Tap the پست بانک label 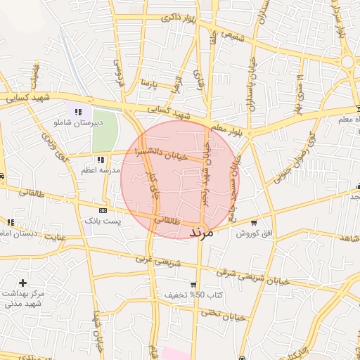pyautogui.click(x=103, y=221)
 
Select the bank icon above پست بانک pyautogui.click(x=103, y=210)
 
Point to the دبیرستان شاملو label pyautogui.click(x=79, y=122)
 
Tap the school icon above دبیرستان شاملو pyautogui.click(x=79, y=112)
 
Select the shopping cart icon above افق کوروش pyautogui.click(x=254, y=222)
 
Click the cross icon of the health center pyautogui.click(x=22, y=283)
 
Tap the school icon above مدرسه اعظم pyautogui.click(x=101, y=160)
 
